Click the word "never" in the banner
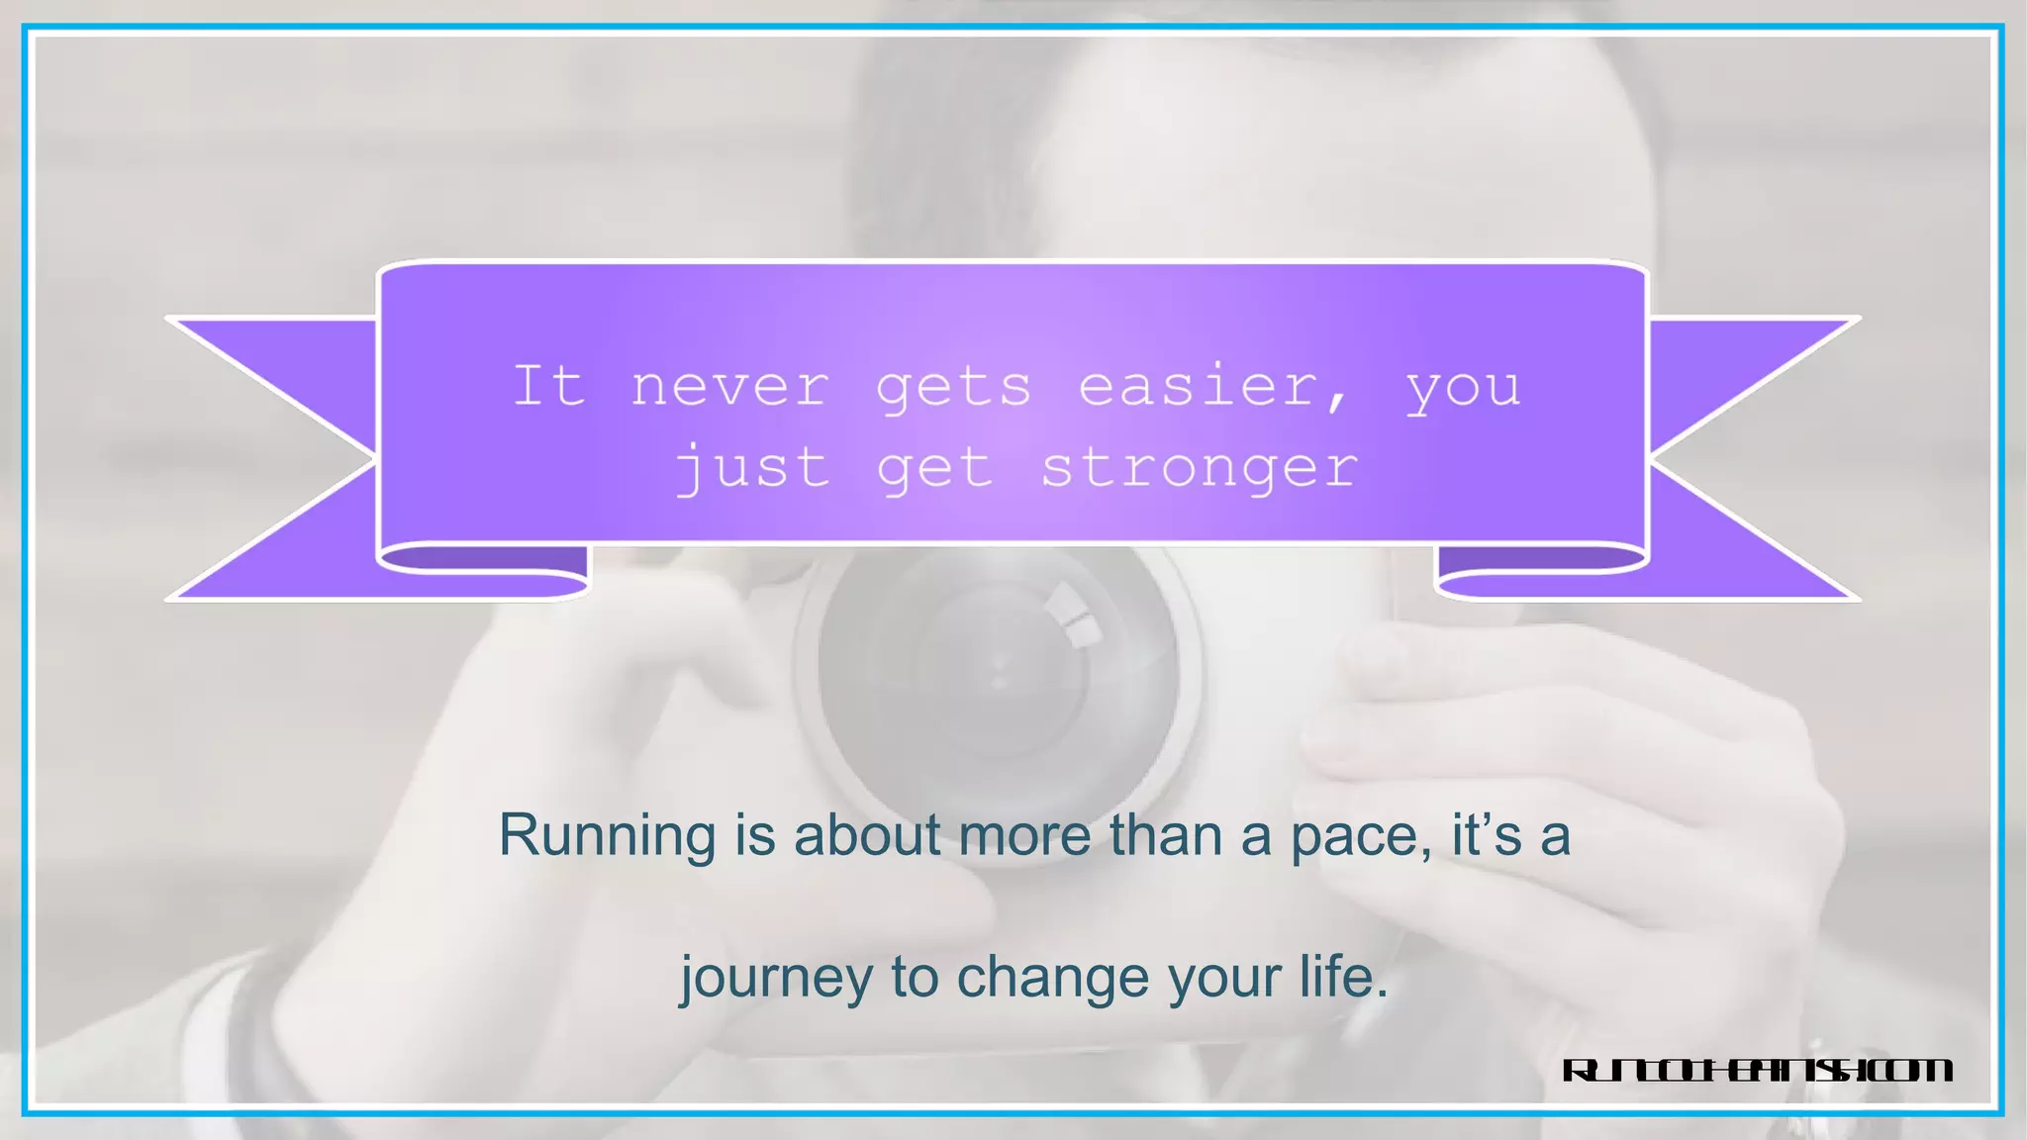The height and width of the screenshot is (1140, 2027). pyautogui.click(x=730, y=386)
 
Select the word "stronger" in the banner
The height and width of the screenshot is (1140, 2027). pyautogui.click(x=1199, y=467)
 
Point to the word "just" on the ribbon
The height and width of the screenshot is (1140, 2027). pyautogui.click(x=752, y=467)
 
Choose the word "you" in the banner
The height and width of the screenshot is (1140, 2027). pyautogui.click(x=1463, y=388)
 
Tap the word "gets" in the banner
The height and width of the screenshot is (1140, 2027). pyautogui.click(x=953, y=388)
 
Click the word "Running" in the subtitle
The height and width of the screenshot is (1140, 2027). pyautogui.click(x=607, y=836)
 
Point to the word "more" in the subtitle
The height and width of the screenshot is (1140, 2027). pyautogui.click(x=1023, y=836)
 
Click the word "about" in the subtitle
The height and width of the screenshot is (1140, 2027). pyautogui.click(x=867, y=836)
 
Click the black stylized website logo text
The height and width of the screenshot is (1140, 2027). pyautogui.click(x=1757, y=1071)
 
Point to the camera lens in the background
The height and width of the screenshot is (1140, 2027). pyautogui.click(x=1000, y=673)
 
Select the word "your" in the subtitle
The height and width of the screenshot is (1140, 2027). pyautogui.click(x=1224, y=979)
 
